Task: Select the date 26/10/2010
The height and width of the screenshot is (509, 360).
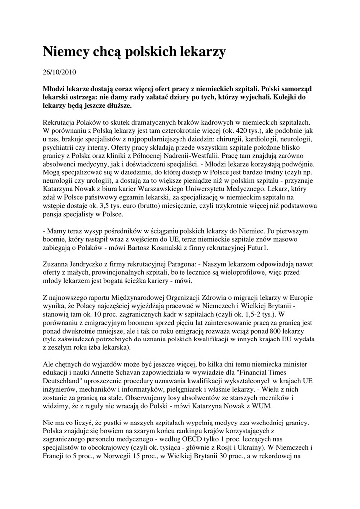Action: click(59, 72)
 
